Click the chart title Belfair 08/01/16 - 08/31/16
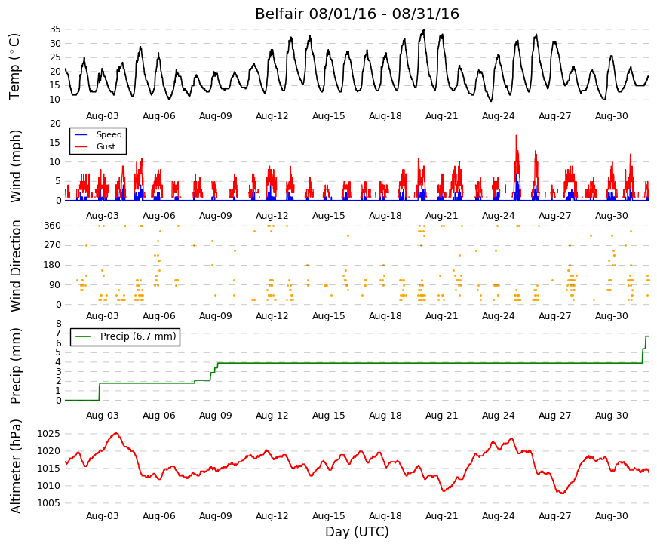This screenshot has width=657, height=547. coord(357,14)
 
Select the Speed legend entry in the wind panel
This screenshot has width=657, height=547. coord(109,134)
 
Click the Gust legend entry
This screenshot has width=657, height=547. coord(106,146)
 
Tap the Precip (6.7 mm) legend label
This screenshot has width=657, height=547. coord(138,336)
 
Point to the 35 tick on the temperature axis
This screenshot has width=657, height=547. coord(55,29)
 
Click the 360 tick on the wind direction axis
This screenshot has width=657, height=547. coord(53,226)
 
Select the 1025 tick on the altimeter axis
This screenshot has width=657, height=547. coord(48,433)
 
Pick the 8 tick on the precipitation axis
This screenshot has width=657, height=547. coord(59,324)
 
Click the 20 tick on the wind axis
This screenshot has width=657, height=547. coord(55,124)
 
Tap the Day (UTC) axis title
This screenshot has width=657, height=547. coord(357,532)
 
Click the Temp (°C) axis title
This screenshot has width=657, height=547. coord(14,66)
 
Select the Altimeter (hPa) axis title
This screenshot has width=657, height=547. coord(16,466)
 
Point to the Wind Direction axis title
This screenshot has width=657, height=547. coord(16,266)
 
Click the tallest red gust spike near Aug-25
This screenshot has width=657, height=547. coord(516,135)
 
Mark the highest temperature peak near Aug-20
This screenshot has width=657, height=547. coord(424,29)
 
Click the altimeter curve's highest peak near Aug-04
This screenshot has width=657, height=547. coord(116,433)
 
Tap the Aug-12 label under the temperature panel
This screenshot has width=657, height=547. coord(272,116)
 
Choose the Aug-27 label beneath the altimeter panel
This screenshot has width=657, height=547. coord(554,516)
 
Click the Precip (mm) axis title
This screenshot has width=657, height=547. coord(16,366)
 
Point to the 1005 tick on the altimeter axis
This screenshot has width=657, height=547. coord(48,503)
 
